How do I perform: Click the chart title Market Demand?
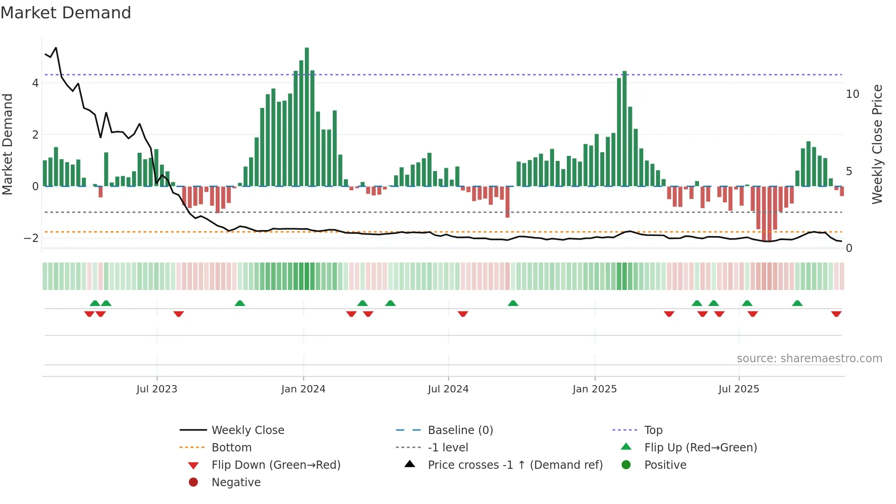[66, 13]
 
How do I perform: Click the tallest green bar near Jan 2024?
[307, 117]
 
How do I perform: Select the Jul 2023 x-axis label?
[157, 389]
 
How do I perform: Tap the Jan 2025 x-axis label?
[594, 389]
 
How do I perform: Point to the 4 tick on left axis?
[35, 83]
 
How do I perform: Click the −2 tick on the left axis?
[32, 238]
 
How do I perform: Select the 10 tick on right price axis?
[852, 94]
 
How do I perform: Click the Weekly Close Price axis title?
[877, 144]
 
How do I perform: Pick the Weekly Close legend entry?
[247, 430]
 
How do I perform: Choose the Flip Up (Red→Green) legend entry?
[700, 448]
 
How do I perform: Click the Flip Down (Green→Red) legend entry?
[276, 465]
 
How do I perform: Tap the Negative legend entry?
[236, 483]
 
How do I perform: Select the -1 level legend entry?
[448, 448]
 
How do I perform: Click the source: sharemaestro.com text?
[809, 359]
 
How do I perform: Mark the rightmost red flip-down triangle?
[836, 314]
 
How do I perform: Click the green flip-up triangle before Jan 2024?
[240, 303]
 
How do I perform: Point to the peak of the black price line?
[56, 48]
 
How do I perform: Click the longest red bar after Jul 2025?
[764, 213]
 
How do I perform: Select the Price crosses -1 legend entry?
[515, 465]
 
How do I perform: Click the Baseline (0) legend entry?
[460, 430]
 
